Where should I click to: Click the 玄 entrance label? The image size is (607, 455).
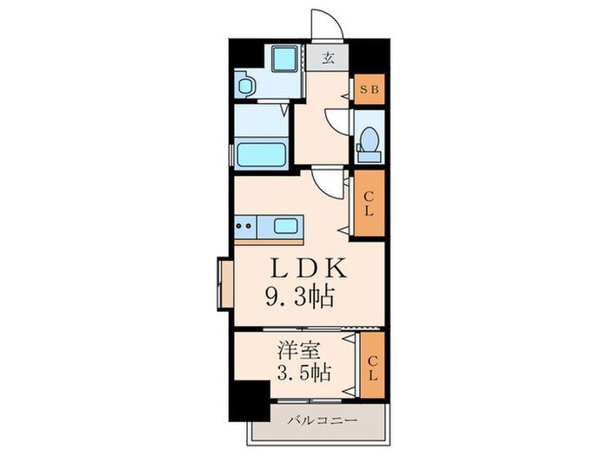[x=330, y=60]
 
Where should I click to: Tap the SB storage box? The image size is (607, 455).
[x=369, y=89]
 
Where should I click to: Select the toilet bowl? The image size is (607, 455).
[x=368, y=140]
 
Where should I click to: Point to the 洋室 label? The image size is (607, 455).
[x=294, y=353]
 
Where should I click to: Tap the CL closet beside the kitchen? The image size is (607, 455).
[x=369, y=205]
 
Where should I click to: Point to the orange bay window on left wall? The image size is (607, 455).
[x=225, y=282]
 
